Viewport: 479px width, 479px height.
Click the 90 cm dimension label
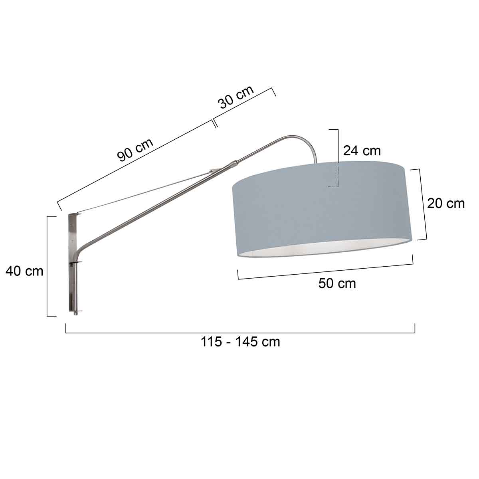point(135,150)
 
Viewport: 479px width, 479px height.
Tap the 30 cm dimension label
point(236,97)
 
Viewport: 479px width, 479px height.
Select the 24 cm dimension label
point(362,150)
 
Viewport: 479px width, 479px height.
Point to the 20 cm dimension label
point(445,203)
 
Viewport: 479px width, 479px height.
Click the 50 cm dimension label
point(337,283)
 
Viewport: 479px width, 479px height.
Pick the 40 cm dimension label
point(24,271)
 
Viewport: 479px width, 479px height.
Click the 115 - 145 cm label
point(240,342)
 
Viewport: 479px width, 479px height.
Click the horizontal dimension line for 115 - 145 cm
point(240,333)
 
